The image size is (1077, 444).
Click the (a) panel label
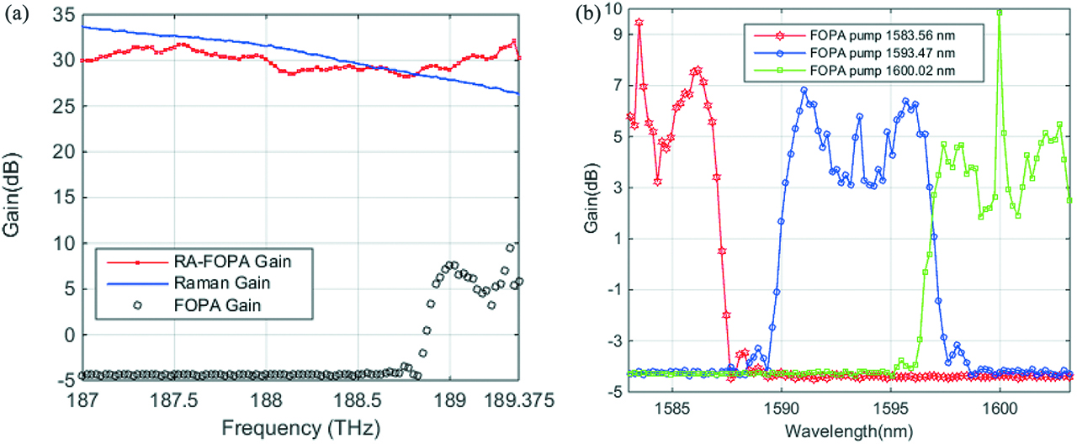pos(15,13)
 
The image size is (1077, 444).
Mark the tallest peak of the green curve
pos(999,12)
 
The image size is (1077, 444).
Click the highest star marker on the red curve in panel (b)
pos(639,23)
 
